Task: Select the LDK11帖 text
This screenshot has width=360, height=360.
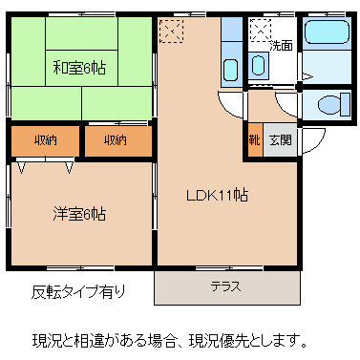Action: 217,195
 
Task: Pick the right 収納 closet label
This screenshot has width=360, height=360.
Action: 116,140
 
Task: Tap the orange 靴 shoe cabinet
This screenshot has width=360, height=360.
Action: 255,139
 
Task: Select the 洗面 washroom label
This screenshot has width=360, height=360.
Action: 281,45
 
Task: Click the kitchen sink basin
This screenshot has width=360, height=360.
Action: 230,68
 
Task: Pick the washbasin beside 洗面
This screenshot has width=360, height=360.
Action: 260,65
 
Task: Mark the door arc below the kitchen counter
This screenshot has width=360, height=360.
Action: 231,103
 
